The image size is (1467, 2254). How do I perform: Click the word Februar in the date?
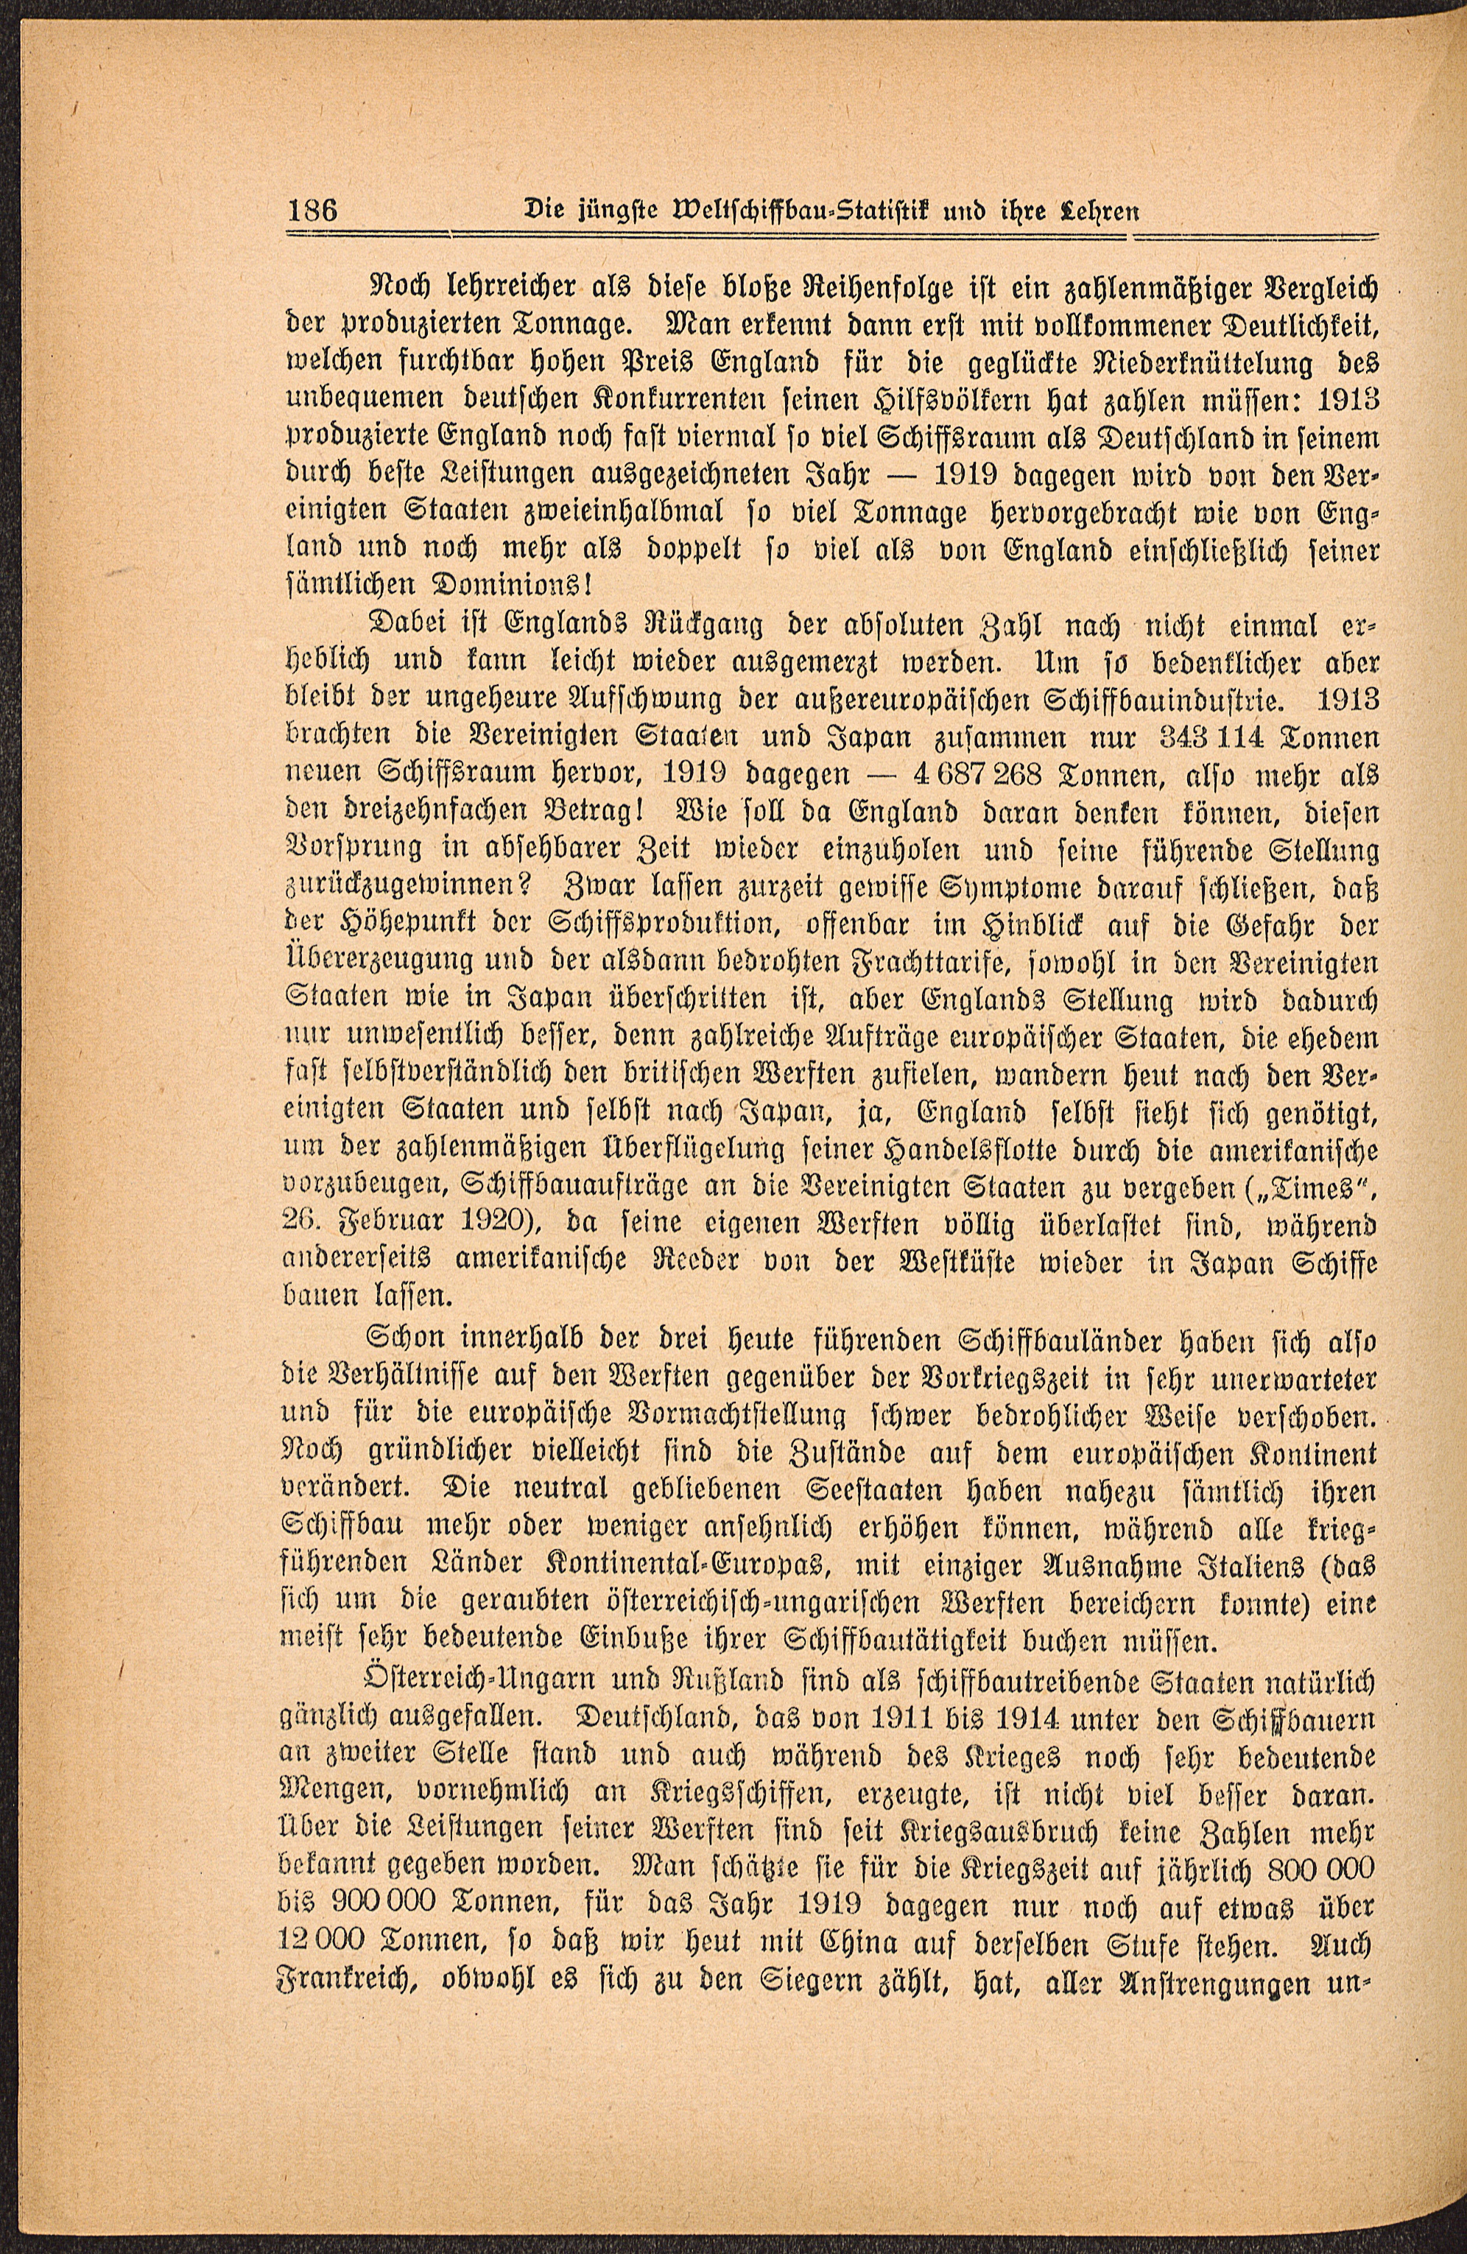(x=393, y=1226)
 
